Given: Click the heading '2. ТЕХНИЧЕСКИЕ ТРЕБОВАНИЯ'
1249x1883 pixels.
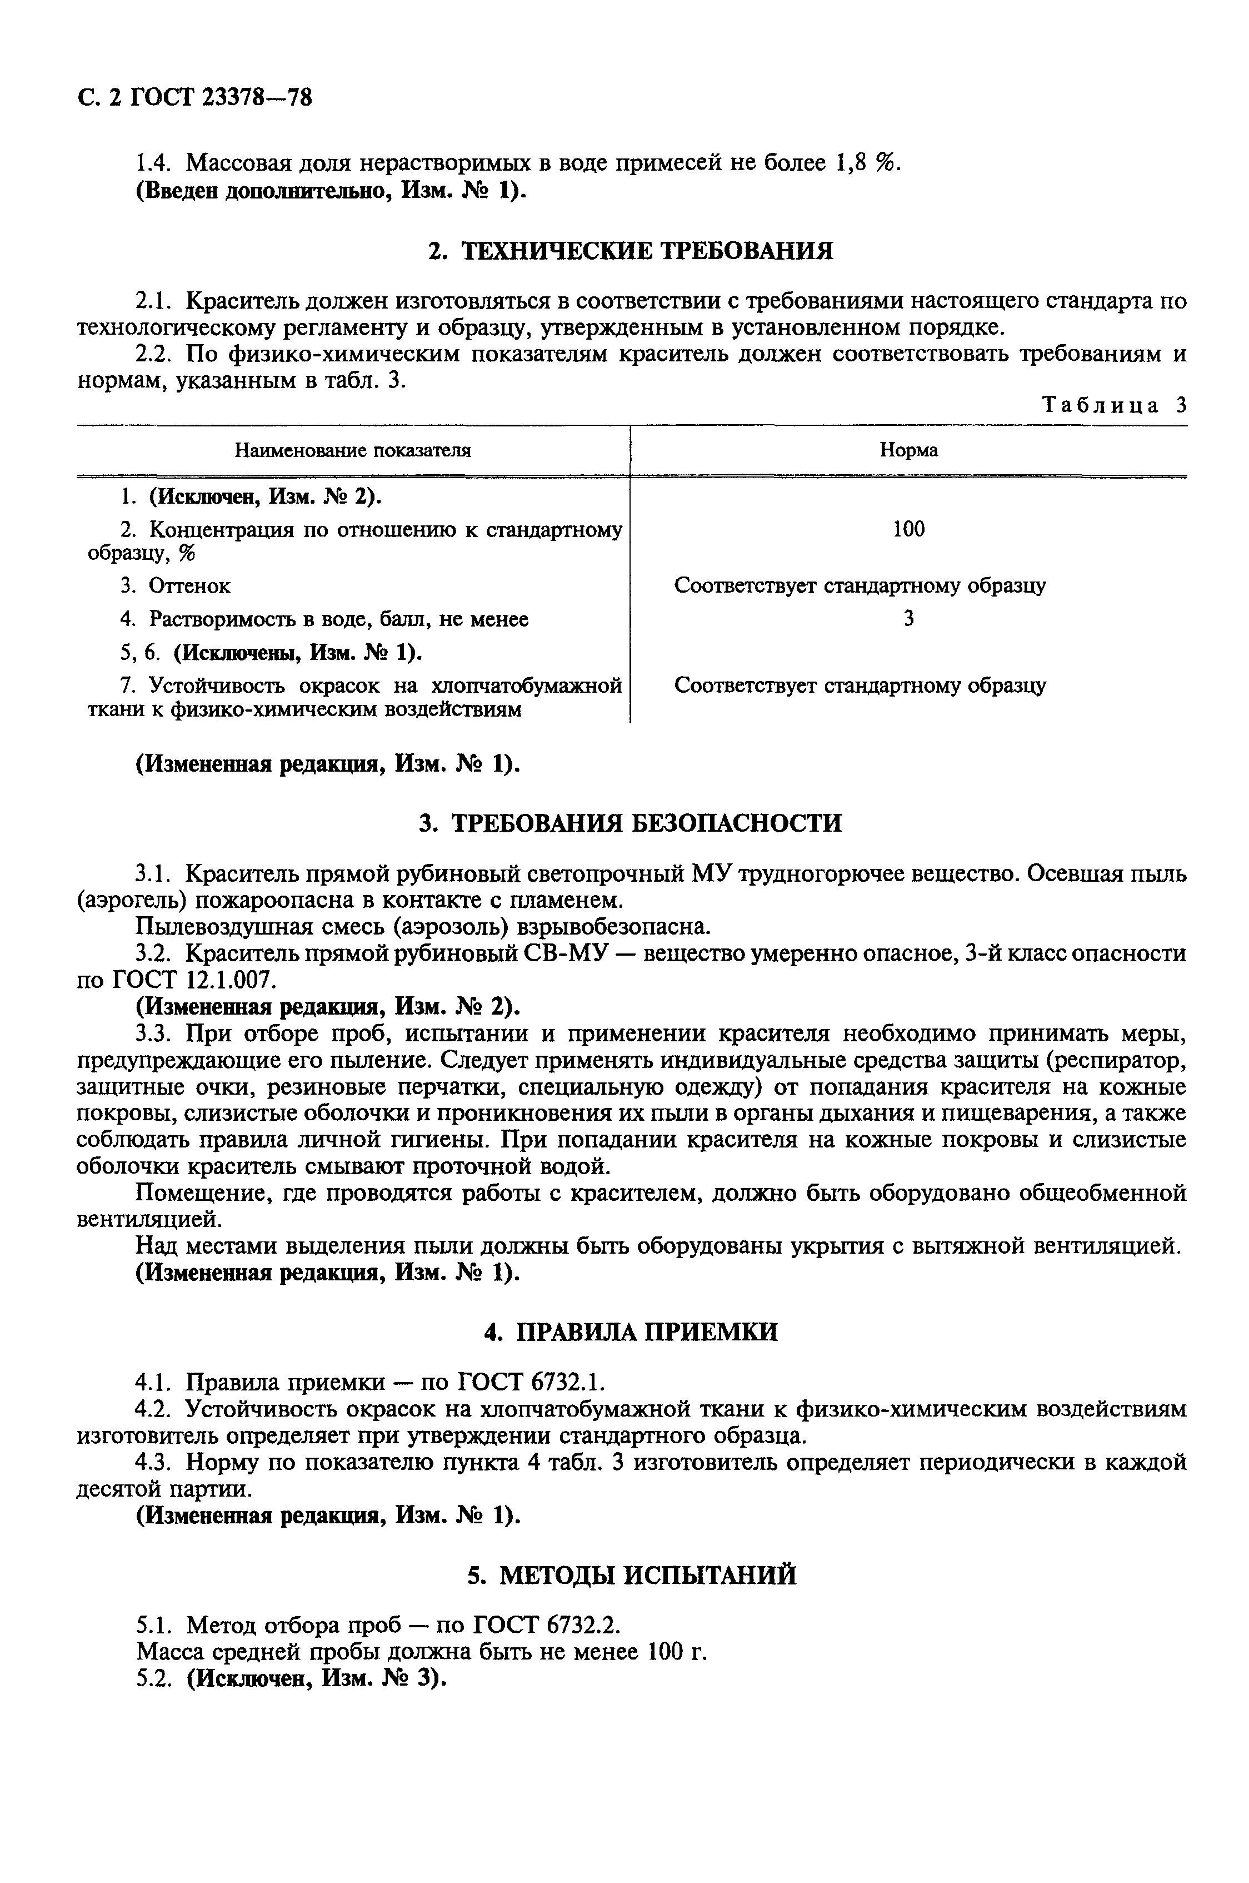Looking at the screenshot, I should click(630, 252).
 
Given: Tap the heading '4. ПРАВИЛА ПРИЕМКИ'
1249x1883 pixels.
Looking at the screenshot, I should click(630, 1331).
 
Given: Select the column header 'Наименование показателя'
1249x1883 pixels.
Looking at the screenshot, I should click(352, 451).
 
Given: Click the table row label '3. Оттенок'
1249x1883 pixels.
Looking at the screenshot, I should click(175, 586).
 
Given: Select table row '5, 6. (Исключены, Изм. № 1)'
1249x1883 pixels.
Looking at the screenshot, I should click(271, 653).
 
